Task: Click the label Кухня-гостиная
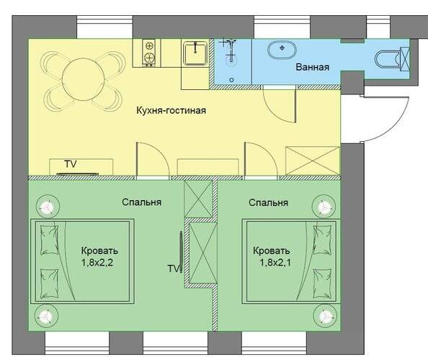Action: click(x=171, y=110)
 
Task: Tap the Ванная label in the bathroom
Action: click(x=313, y=67)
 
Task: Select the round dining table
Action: click(x=84, y=78)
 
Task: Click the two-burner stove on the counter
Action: click(x=149, y=53)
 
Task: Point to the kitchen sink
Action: click(x=195, y=53)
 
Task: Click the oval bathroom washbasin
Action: click(x=282, y=50)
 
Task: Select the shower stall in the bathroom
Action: click(x=232, y=61)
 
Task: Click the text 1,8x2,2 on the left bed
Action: click(x=97, y=263)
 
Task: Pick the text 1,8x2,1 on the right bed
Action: click(x=275, y=263)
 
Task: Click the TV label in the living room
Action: click(x=71, y=164)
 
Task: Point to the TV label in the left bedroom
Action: click(x=174, y=269)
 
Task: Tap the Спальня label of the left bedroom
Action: click(x=141, y=202)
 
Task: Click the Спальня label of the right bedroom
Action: click(x=268, y=202)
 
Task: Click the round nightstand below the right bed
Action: click(x=324, y=316)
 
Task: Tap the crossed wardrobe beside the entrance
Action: click(x=313, y=161)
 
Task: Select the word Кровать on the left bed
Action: click(x=99, y=251)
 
